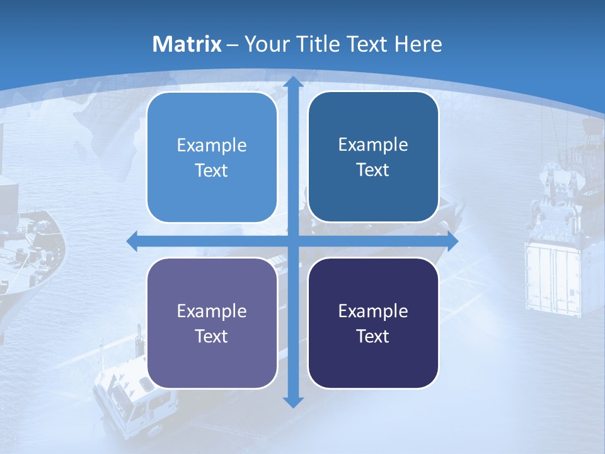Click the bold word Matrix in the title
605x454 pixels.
pyautogui.click(x=187, y=44)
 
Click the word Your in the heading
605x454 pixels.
pyautogui.click(x=264, y=44)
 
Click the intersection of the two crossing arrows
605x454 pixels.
pyautogui.click(x=292, y=242)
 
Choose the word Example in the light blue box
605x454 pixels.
pyautogui.click(x=212, y=145)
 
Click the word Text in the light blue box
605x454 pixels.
pyautogui.click(x=212, y=170)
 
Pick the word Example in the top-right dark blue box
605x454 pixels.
pyautogui.click(x=373, y=144)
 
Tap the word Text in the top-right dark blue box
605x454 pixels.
pyautogui.click(x=373, y=170)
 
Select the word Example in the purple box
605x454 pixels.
pyautogui.click(x=212, y=311)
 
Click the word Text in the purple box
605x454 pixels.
pyautogui.click(x=212, y=336)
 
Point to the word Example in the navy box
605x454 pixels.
pyautogui.click(x=373, y=311)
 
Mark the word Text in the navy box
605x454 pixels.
pyautogui.click(x=373, y=336)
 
